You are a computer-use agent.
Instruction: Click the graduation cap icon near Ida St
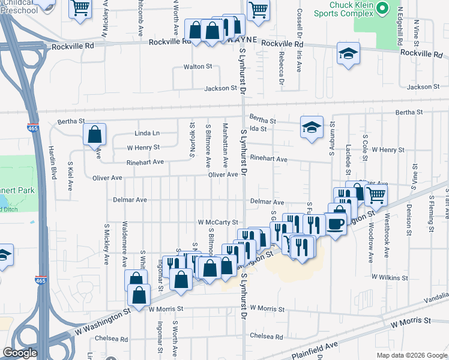312,127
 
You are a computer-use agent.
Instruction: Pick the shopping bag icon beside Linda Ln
95,134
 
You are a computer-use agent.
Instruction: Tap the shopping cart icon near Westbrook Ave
376,194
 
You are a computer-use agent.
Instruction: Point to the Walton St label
198,67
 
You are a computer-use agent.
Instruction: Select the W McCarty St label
218,222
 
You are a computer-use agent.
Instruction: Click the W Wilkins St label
390,278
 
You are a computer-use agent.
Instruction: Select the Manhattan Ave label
225,145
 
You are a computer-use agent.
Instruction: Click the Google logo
20,353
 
